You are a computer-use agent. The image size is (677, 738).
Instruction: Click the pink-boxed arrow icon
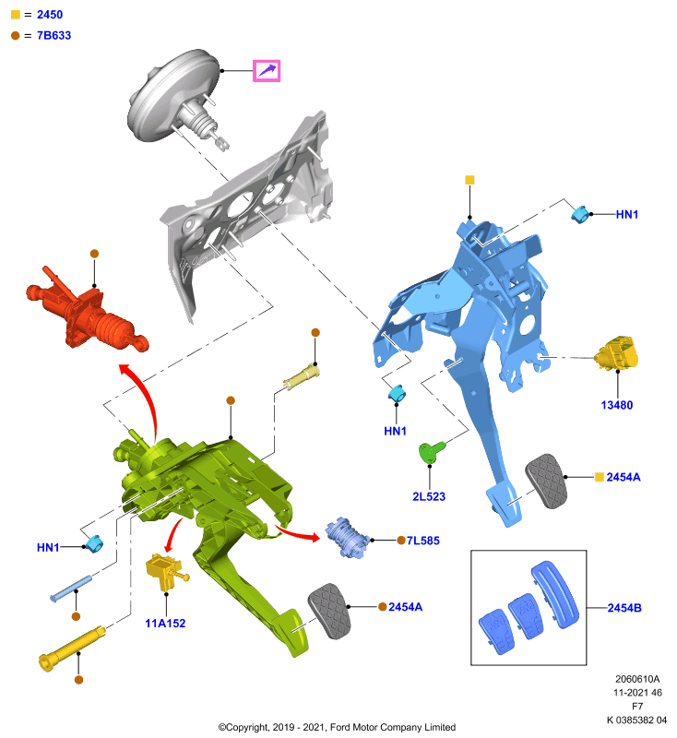click(267, 71)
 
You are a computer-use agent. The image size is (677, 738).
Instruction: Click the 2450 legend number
click(50, 15)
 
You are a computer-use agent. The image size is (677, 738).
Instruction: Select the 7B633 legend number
click(54, 35)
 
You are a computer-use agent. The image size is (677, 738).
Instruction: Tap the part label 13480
click(617, 405)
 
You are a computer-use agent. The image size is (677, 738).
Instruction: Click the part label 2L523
click(429, 496)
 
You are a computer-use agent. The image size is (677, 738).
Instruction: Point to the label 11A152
click(165, 624)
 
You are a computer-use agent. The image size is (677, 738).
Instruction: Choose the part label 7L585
click(423, 541)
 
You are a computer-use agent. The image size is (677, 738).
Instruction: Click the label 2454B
click(624, 608)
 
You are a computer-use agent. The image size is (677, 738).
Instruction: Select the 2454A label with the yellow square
click(624, 477)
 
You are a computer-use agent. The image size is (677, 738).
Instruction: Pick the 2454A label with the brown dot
click(406, 607)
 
